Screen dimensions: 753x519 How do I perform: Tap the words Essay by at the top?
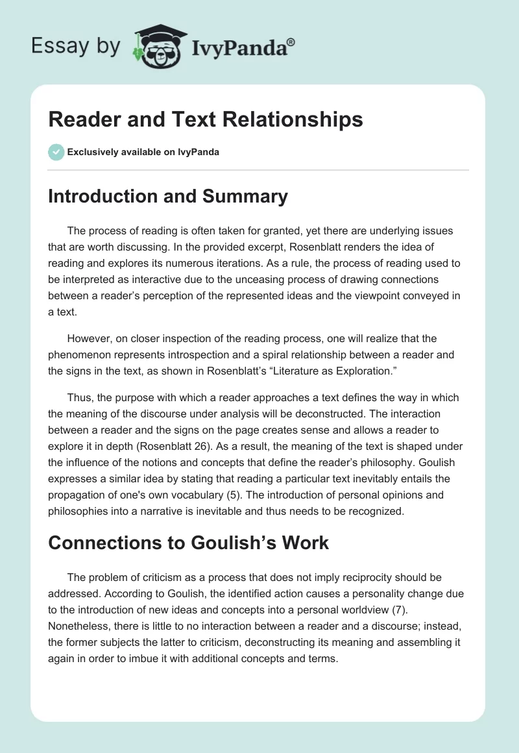[77, 46]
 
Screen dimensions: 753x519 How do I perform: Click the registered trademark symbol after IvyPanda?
[291, 42]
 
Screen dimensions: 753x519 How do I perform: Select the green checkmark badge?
[56, 152]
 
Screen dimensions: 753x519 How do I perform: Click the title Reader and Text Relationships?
[205, 119]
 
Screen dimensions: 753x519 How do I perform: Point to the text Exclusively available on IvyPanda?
[143, 153]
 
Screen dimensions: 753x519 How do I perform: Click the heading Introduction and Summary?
[168, 196]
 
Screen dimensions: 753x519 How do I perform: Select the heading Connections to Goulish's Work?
[188, 543]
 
